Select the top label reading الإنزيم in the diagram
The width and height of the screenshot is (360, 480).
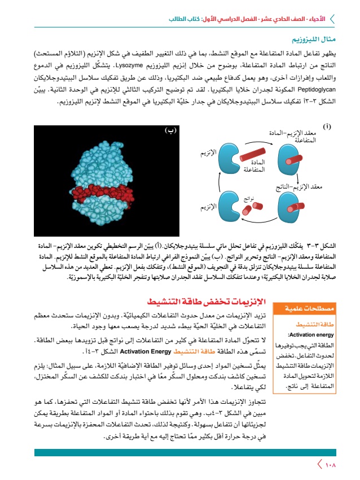click(209, 153)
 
